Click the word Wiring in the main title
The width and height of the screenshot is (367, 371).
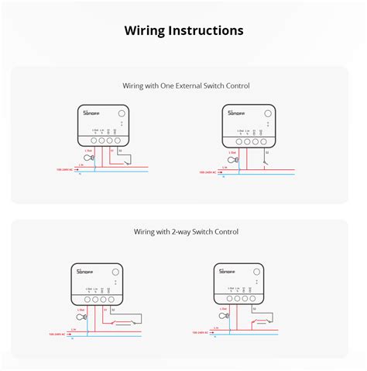143,30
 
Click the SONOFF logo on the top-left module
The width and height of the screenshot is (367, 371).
92,113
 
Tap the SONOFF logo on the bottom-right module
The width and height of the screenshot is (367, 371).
225,271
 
